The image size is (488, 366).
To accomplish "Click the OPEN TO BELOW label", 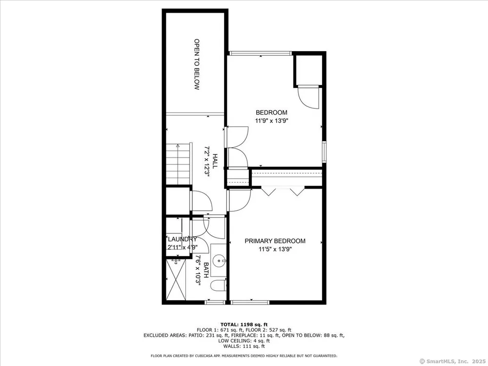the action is click(197, 64).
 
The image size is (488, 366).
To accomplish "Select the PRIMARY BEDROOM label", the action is click(275, 241).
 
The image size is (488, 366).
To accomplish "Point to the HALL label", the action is click(215, 161).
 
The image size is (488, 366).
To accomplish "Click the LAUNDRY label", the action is click(183, 239).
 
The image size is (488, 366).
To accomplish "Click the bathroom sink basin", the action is click(220, 261).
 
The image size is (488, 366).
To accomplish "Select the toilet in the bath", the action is click(218, 285).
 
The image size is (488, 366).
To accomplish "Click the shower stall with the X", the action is click(176, 280).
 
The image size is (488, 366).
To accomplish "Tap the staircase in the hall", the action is click(178, 164).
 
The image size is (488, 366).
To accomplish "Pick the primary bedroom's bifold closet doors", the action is click(283, 191).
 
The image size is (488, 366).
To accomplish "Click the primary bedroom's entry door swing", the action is click(240, 200).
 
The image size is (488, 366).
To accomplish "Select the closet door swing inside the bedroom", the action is click(308, 98).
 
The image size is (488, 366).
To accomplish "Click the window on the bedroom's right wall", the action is click(324, 152).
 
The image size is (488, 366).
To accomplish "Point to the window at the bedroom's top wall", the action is click(261, 53).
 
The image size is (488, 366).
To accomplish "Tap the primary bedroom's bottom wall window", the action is click(250, 302).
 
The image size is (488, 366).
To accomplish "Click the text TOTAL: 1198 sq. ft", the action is click(244, 325).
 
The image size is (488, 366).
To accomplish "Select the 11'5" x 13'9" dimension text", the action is click(275, 249).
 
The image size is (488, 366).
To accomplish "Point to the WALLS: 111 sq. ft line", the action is click(244, 346).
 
